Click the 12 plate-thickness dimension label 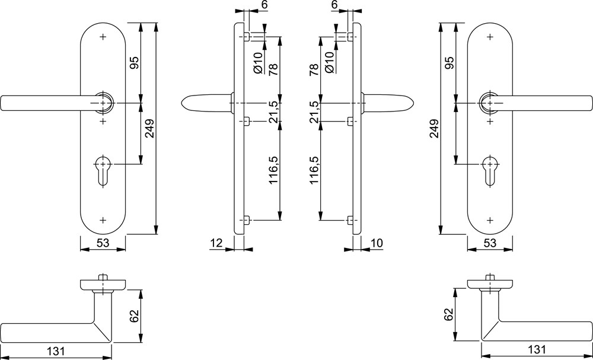coord(216,243)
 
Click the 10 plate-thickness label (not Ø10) coord(377,243)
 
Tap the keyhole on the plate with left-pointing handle coord(103,171)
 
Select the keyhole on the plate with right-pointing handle coord(490,171)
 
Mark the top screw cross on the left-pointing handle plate coord(103,37)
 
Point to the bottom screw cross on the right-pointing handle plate coord(490,219)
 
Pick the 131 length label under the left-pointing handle coord(56,350)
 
